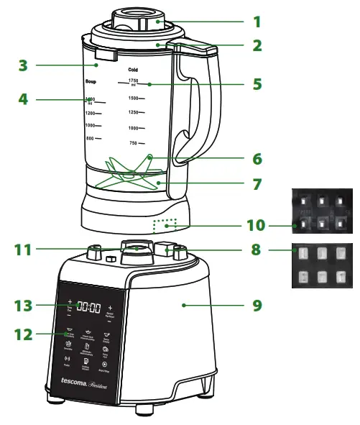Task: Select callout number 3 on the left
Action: pos(23,65)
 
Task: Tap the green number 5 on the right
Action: pos(257,83)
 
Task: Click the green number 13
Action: pos(23,306)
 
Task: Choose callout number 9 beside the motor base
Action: pos(256,306)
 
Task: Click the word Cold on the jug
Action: pos(132,70)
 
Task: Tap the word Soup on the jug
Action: pos(91,82)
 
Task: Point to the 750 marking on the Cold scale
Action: pos(132,143)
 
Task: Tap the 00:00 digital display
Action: pos(88,307)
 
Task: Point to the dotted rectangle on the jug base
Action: pos(165,227)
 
